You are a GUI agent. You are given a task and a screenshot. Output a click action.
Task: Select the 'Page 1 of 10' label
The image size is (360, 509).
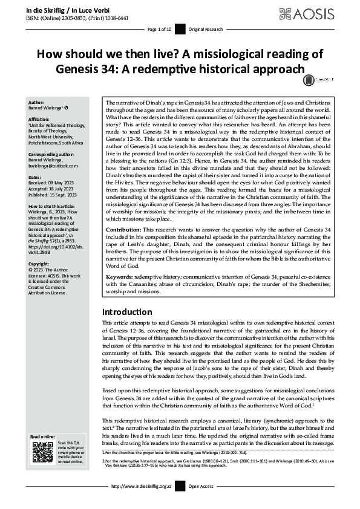point(159,29)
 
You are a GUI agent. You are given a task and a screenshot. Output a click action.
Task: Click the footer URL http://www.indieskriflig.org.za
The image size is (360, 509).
point(140,503)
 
